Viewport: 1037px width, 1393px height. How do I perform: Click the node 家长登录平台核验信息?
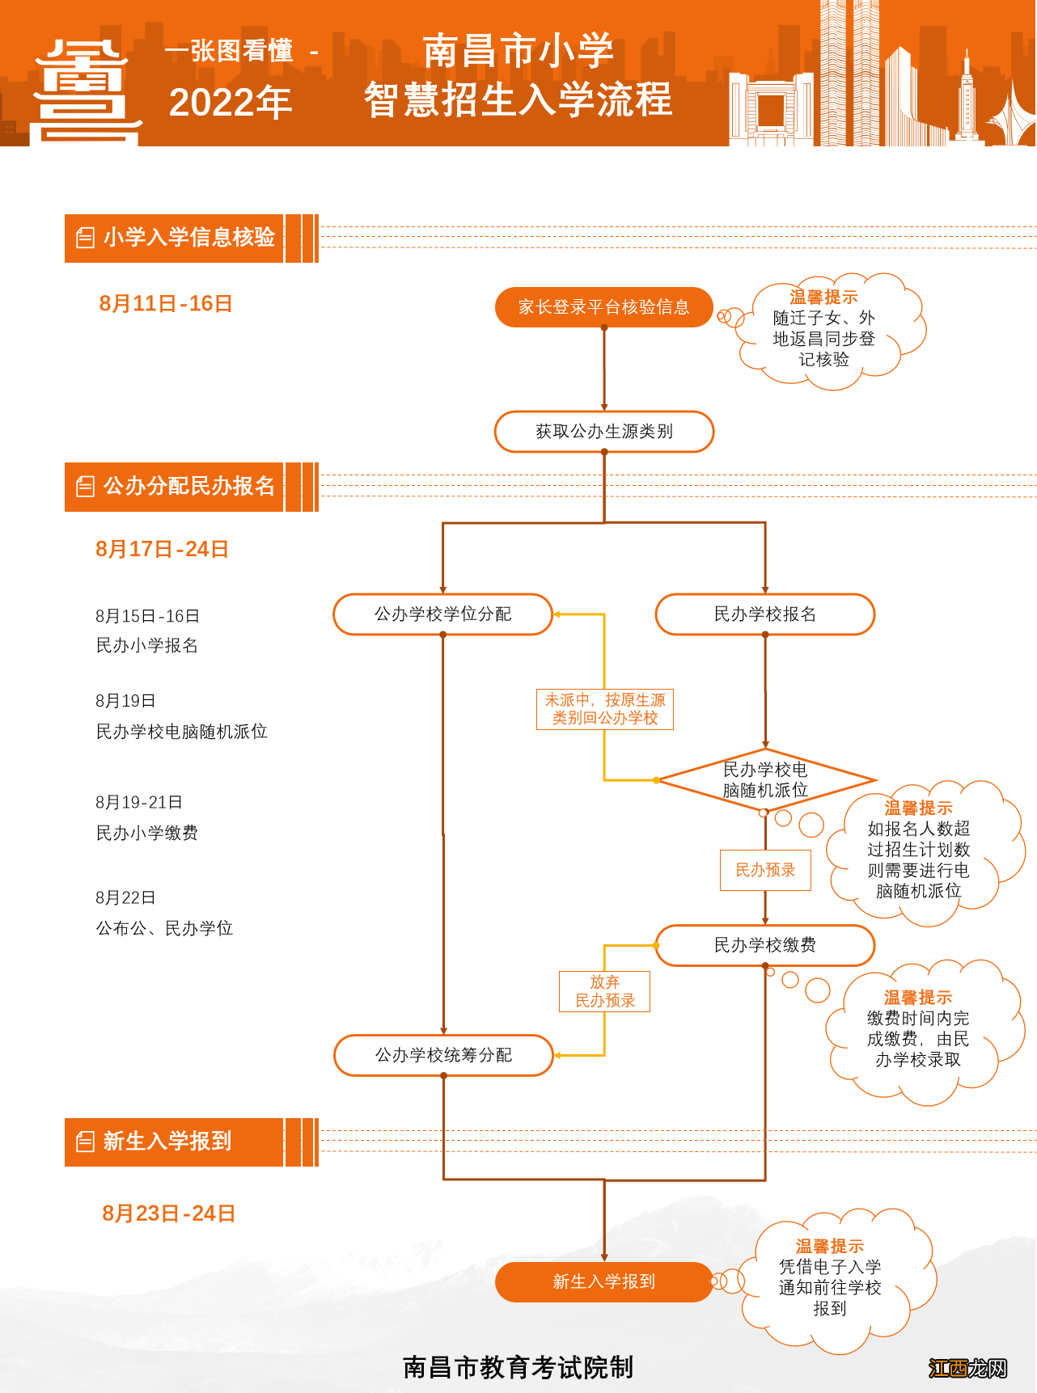[x=603, y=307]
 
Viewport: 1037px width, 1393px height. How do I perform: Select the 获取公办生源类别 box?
[x=603, y=432]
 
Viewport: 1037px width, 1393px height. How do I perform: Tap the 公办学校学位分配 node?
[x=442, y=614]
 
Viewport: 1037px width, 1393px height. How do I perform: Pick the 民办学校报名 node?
[x=764, y=614]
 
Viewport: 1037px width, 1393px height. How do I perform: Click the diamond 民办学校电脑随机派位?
[x=765, y=780]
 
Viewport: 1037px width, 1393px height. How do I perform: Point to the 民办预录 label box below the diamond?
[x=765, y=870]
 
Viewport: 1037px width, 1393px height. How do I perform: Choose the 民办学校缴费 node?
[x=764, y=945]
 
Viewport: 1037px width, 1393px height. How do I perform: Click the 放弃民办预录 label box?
[x=604, y=991]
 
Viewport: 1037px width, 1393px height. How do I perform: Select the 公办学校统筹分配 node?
[x=443, y=1055]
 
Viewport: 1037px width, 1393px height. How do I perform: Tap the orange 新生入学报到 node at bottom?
[x=603, y=1281]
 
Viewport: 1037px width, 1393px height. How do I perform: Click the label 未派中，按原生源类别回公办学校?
[x=604, y=709]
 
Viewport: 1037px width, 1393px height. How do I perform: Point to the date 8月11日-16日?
[x=166, y=304]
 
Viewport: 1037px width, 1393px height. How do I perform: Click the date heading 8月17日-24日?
[x=162, y=550]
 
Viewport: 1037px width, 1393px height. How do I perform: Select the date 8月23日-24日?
[x=168, y=1214]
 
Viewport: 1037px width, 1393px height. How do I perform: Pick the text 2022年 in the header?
[x=231, y=103]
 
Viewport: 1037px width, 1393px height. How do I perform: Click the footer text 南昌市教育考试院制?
[x=518, y=1367]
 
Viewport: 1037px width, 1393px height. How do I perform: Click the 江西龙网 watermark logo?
[x=967, y=1368]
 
